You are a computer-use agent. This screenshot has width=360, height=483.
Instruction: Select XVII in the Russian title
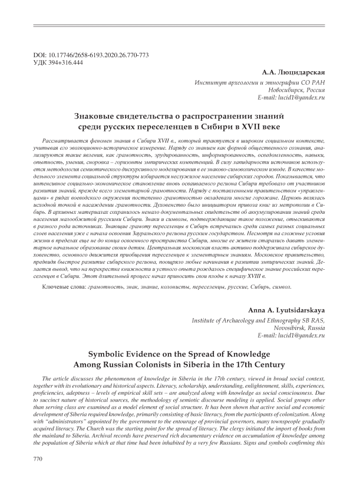pos(245,127)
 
